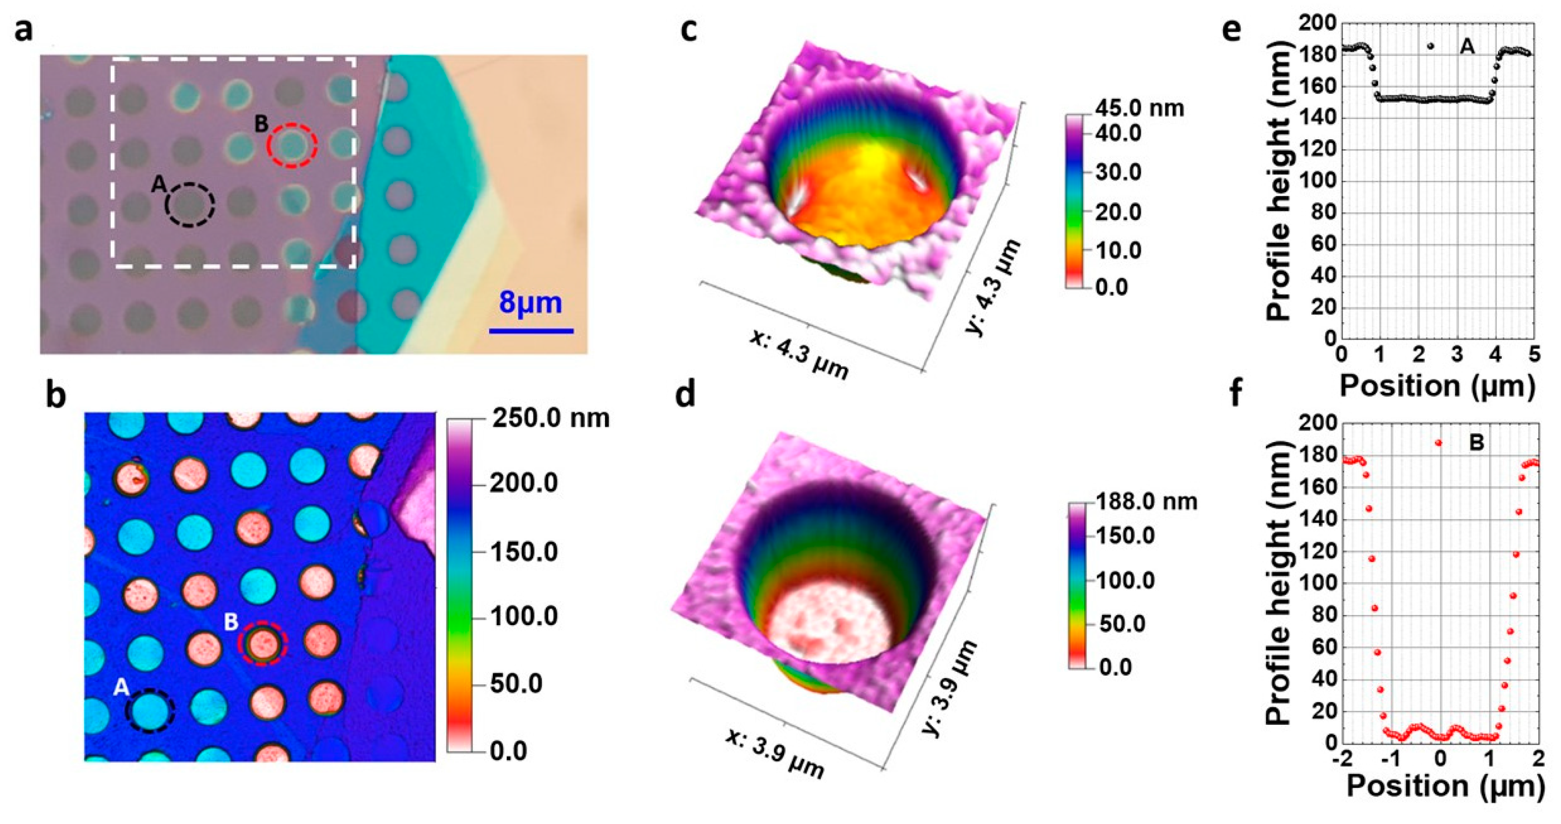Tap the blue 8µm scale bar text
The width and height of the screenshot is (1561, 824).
[530, 302]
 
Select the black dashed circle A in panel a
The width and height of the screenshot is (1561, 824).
[191, 205]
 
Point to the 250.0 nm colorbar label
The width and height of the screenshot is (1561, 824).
[550, 419]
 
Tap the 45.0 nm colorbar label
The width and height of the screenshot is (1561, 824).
[1139, 108]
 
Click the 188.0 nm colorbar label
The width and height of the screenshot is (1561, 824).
[1147, 501]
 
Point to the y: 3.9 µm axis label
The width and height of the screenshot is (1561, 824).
[950, 695]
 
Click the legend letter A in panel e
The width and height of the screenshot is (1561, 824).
[1467, 46]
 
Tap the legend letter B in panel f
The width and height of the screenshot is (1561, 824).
[1476, 443]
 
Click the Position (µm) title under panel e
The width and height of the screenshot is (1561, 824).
[1437, 386]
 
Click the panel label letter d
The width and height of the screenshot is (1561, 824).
[685, 395]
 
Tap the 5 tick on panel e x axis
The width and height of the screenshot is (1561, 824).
[1534, 355]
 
